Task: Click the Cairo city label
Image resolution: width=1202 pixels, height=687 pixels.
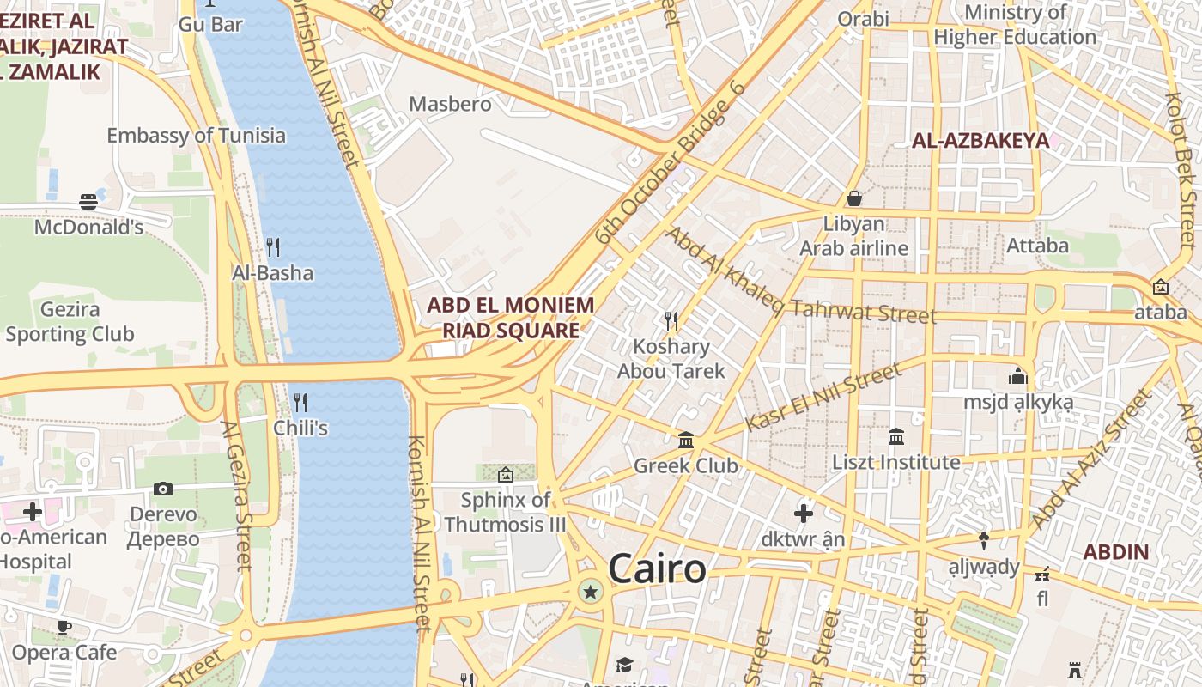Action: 657,569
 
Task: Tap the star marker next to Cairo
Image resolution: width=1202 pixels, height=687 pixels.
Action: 590,591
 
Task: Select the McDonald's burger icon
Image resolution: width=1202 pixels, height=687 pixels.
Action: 88,202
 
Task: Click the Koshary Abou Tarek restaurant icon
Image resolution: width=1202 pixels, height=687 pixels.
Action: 671,321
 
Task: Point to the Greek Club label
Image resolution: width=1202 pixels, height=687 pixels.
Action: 685,465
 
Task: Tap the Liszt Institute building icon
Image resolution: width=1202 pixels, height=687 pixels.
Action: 896,437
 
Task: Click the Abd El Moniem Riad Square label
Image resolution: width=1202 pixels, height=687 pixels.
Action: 510,318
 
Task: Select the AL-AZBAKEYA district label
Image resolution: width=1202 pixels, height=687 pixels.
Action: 980,141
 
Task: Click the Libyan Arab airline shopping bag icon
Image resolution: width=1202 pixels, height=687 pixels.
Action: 853,198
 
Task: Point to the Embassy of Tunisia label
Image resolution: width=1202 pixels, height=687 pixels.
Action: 196,135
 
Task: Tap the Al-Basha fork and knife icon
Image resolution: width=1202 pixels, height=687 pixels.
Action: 273,247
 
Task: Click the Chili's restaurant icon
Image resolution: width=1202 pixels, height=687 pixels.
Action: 300,402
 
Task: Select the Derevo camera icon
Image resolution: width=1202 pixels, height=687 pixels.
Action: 163,489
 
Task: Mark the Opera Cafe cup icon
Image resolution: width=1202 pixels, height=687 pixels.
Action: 64,627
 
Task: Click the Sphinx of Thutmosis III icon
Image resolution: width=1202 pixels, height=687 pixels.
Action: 506,474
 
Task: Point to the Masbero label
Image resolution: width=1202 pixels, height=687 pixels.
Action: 450,104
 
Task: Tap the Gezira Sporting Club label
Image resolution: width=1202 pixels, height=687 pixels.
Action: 70,322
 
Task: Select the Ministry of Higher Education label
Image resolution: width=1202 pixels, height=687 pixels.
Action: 1015,25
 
